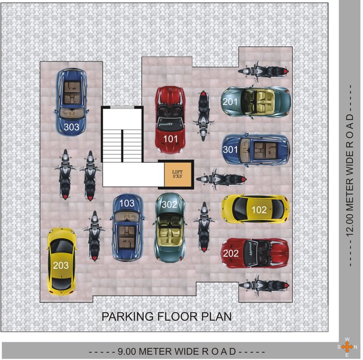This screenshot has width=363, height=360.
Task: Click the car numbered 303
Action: [x=72, y=102]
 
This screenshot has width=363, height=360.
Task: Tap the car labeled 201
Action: [x=256, y=101]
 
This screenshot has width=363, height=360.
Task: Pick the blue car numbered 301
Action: [x=256, y=150]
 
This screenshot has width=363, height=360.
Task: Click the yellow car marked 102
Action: [x=255, y=209]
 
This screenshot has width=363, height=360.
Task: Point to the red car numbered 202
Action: [x=255, y=253]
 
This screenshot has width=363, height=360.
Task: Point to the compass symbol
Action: [x=347, y=347]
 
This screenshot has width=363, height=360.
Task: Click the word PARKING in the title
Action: [x=126, y=316]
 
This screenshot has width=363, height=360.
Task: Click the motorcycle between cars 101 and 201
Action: [x=203, y=115]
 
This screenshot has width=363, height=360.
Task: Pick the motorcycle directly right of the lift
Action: [x=220, y=179]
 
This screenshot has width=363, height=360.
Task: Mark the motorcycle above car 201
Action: [x=263, y=71]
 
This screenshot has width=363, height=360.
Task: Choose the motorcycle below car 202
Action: [x=263, y=285]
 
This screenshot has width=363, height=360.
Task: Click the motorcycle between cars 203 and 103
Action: [x=95, y=235]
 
